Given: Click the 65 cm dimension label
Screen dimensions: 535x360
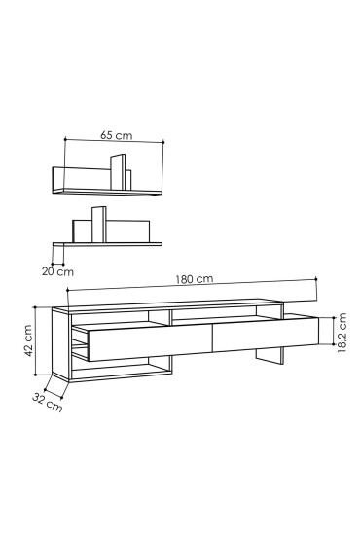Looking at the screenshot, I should [118, 136].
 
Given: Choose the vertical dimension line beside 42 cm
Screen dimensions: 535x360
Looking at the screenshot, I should [37, 343].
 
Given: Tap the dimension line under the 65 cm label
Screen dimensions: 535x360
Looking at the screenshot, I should [118, 143].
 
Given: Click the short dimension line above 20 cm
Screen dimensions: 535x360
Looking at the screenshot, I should [59, 262].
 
